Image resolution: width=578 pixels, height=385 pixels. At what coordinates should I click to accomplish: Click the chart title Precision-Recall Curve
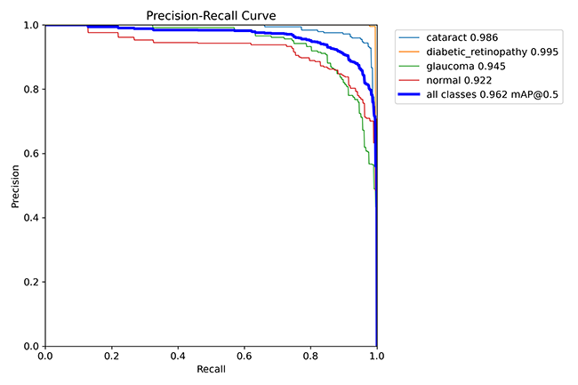pyautogui.click(x=211, y=13)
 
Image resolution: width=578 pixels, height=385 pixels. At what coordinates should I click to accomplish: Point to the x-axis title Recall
pyautogui.click(x=211, y=368)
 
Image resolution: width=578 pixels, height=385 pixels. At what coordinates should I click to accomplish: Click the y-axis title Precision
pyautogui.click(x=15, y=186)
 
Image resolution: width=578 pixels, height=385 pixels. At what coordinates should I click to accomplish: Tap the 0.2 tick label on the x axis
pyautogui.click(x=112, y=356)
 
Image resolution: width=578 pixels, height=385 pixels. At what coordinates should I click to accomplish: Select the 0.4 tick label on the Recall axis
pyautogui.click(x=178, y=356)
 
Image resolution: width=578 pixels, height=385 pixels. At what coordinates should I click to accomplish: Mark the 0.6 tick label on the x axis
pyautogui.click(x=245, y=356)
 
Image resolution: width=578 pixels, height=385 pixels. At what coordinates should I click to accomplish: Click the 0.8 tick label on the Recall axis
pyautogui.click(x=310, y=356)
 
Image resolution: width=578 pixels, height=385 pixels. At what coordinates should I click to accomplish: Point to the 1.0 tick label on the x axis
pyautogui.click(x=377, y=356)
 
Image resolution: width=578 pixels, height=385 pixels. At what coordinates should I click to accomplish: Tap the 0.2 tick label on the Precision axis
pyautogui.click(x=31, y=282)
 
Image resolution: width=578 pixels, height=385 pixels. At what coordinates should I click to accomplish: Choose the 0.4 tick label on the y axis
pyautogui.click(x=31, y=218)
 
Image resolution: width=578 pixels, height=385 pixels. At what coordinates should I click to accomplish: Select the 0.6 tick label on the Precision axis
pyautogui.click(x=31, y=154)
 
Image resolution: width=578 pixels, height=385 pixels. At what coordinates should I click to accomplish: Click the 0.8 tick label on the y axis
pyautogui.click(x=31, y=90)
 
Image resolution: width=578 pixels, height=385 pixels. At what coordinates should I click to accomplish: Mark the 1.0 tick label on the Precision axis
pyautogui.click(x=31, y=26)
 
